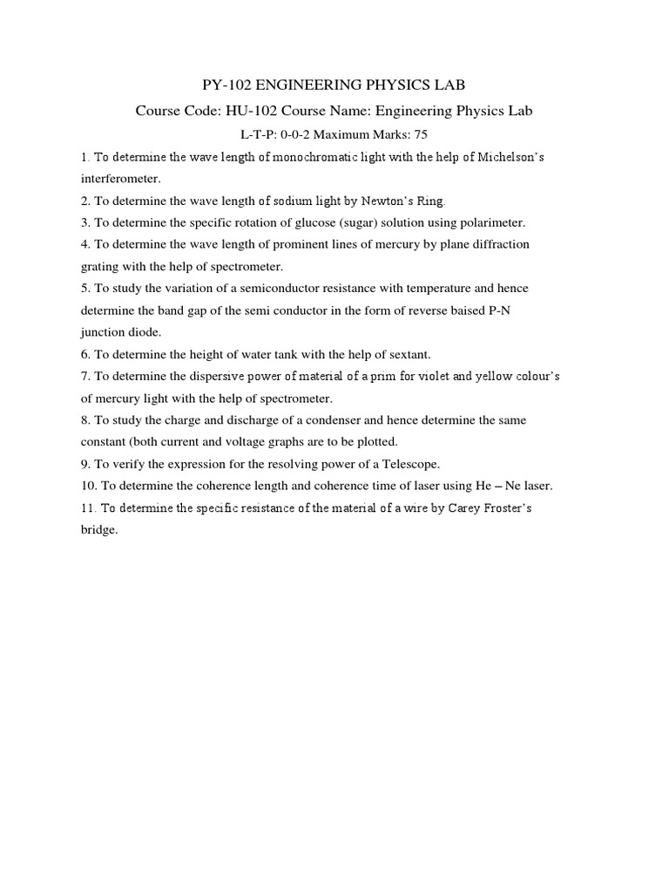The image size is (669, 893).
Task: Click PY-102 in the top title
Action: tap(222, 85)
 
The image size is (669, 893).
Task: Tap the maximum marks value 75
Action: tap(419, 134)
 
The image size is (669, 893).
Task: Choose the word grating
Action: tap(99, 266)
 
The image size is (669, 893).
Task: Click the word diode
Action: tap(144, 331)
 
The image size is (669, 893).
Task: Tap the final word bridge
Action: tap(98, 529)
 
